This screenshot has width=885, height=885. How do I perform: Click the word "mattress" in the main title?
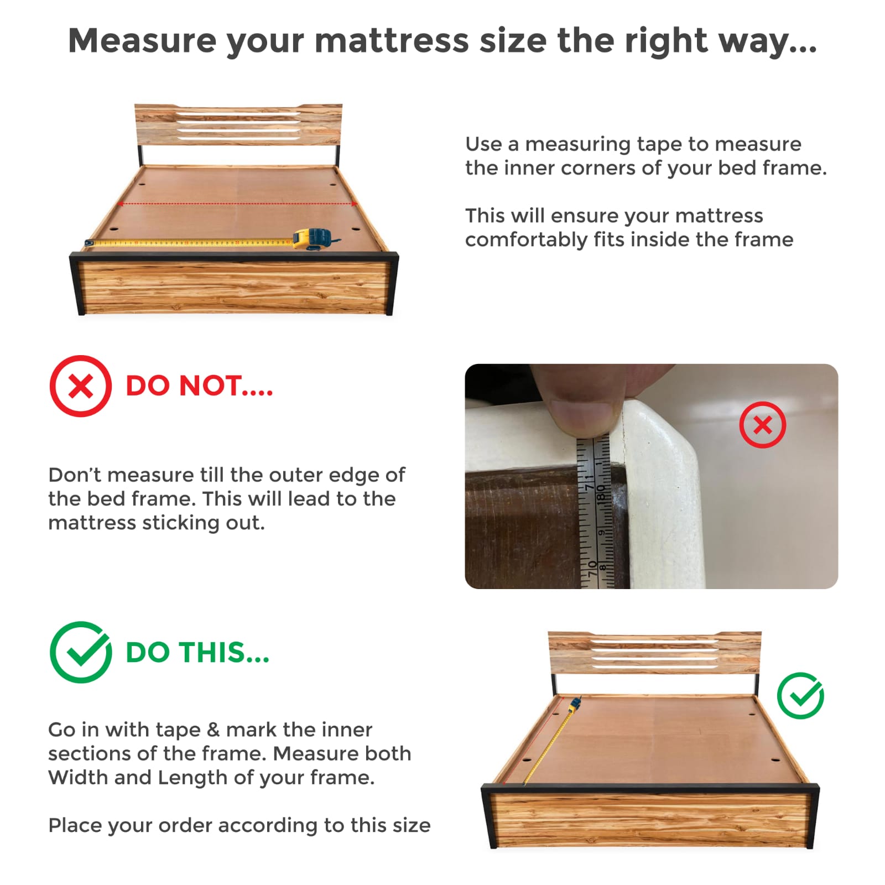392,40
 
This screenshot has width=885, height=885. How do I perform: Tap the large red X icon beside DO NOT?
81,386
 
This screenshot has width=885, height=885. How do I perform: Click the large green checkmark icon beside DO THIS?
81,652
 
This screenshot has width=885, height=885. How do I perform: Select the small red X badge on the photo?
763,425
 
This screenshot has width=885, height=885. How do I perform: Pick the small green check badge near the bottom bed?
800,696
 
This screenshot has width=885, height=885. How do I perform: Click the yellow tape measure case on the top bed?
313,239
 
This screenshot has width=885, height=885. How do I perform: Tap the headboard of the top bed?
238,125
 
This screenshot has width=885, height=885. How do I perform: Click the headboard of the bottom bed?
654,653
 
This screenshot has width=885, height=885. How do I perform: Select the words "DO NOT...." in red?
199,386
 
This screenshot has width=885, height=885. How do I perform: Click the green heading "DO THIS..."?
197,653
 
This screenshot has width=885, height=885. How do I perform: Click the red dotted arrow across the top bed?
237,204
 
